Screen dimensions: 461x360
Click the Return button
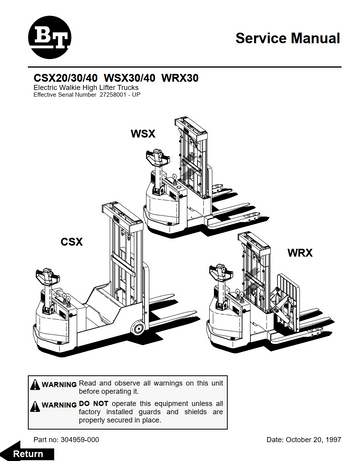pos(25,452)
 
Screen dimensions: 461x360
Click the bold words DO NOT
pos(92,403)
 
